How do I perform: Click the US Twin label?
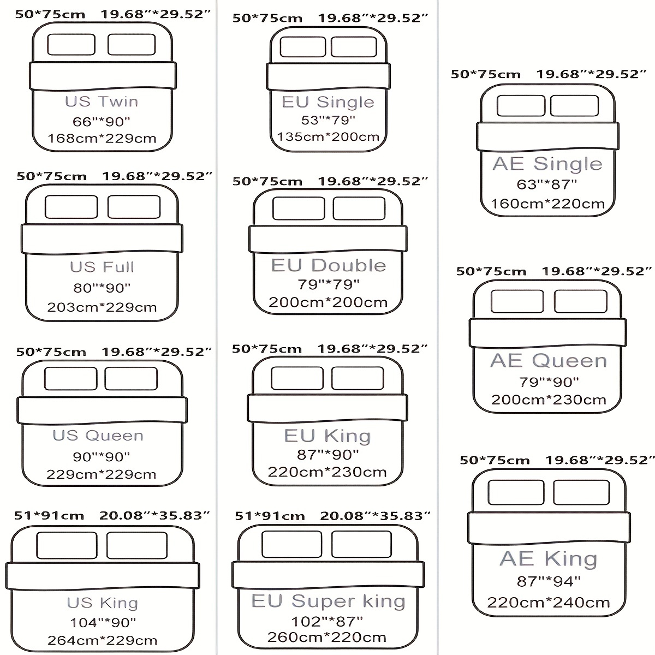pyautogui.click(x=102, y=102)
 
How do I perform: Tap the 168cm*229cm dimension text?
pyautogui.click(x=102, y=138)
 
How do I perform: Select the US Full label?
pyautogui.click(x=102, y=267)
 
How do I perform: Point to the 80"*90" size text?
pyautogui.click(x=102, y=288)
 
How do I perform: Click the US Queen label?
pyautogui.click(x=98, y=436)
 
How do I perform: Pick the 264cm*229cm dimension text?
pyautogui.click(x=102, y=640)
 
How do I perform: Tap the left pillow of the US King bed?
pyautogui.click(x=67, y=545)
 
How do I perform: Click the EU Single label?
pyautogui.click(x=328, y=102)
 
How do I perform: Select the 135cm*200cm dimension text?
pyautogui.click(x=328, y=136)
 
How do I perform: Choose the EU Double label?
pyautogui.click(x=329, y=265)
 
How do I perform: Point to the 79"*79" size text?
pyautogui.click(x=329, y=284)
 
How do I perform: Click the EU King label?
pyautogui.click(x=327, y=436)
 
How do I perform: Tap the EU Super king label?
pyautogui.click(x=328, y=602)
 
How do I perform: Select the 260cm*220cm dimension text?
pyautogui.click(x=326, y=637)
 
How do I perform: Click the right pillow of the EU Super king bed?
pyautogui.click(x=362, y=544)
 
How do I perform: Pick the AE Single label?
pyautogui.click(x=547, y=164)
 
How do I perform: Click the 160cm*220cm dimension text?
pyautogui.click(x=547, y=204)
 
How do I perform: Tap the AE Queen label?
pyautogui.click(x=549, y=360)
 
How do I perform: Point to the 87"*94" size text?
pyautogui.click(x=549, y=581)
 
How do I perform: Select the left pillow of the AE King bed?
pyautogui.click(x=516, y=492)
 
